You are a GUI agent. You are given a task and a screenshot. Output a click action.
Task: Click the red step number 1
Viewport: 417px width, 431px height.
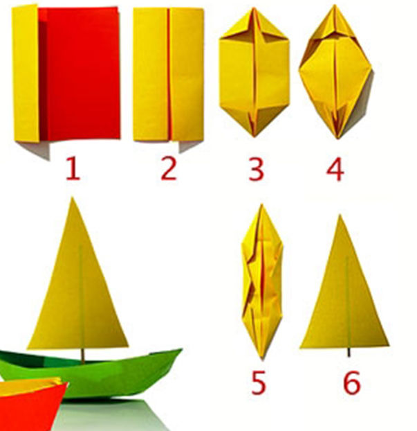click(73, 170)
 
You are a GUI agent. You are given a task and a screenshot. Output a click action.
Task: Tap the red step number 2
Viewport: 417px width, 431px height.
click(169, 170)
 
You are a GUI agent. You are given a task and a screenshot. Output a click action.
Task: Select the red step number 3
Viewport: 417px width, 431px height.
click(256, 170)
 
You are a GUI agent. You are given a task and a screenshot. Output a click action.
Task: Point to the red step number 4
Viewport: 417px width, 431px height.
click(335, 170)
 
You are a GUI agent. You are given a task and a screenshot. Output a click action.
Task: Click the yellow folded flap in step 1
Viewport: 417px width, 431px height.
click(26, 73)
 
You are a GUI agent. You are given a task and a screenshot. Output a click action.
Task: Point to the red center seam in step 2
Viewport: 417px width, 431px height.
click(169, 74)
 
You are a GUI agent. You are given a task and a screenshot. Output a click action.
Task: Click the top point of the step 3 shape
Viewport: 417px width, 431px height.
click(254, 8)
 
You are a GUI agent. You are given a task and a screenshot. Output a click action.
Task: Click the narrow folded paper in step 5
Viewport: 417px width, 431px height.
click(262, 281)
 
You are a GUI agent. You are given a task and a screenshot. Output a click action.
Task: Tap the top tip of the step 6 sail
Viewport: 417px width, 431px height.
click(340, 215)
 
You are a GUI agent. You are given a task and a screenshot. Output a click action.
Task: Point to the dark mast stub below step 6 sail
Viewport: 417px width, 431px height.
click(349, 353)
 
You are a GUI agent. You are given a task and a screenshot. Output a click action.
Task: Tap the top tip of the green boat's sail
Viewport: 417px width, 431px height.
click(72, 197)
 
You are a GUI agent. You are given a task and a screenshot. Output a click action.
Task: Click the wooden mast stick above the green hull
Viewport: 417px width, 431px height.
click(82, 355)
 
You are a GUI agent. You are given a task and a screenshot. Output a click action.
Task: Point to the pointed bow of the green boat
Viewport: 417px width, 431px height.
click(181, 349)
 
